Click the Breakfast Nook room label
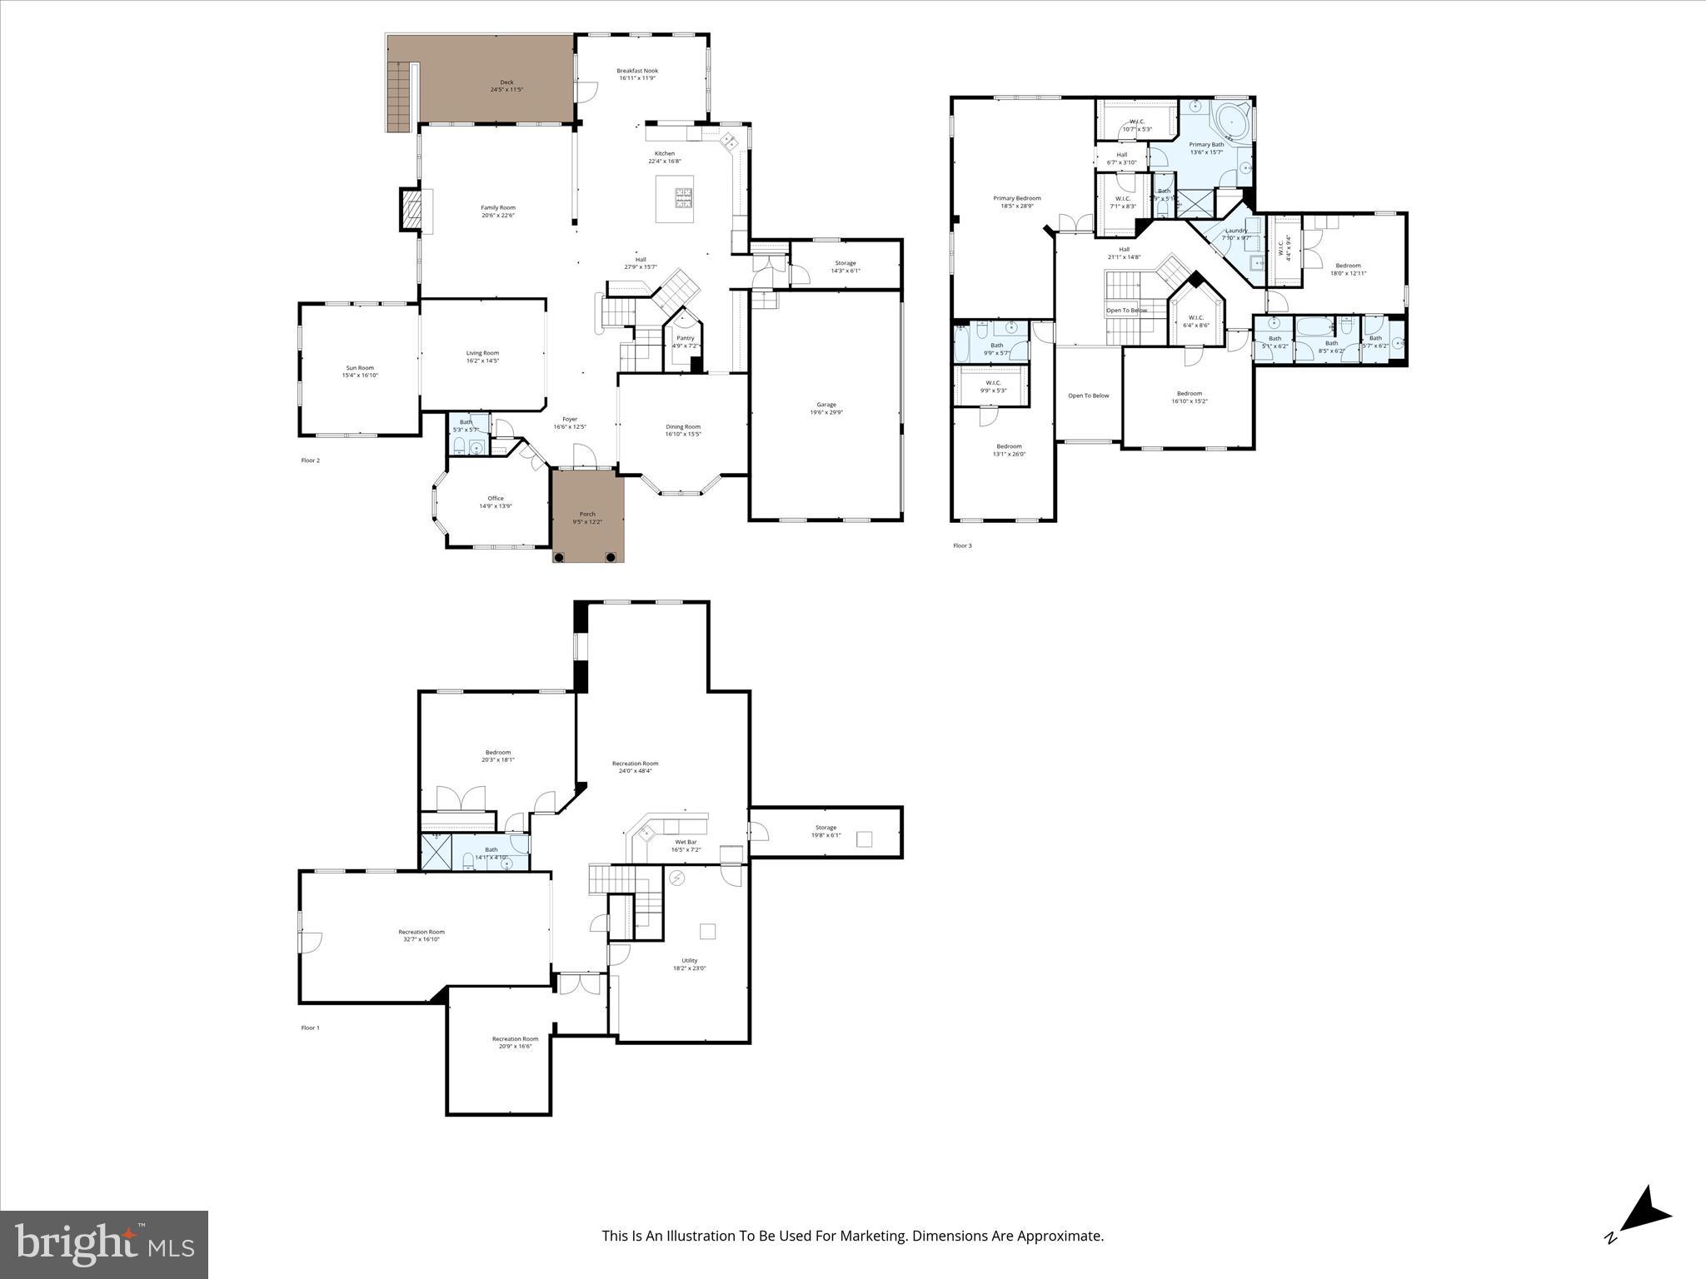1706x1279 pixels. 637,71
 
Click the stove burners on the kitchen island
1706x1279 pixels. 683,197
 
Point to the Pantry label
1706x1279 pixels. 685,338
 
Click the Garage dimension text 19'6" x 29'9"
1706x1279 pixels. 826,412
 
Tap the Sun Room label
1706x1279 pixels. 360,368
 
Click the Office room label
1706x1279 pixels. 496,499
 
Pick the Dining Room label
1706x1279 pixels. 683,427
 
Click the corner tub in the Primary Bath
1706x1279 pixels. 1230,122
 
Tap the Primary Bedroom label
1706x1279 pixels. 1017,198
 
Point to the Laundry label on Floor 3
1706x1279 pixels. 1236,231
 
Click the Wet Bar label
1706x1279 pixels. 686,843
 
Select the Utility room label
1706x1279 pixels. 690,961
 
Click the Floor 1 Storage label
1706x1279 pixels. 826,828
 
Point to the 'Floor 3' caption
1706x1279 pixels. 962,545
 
